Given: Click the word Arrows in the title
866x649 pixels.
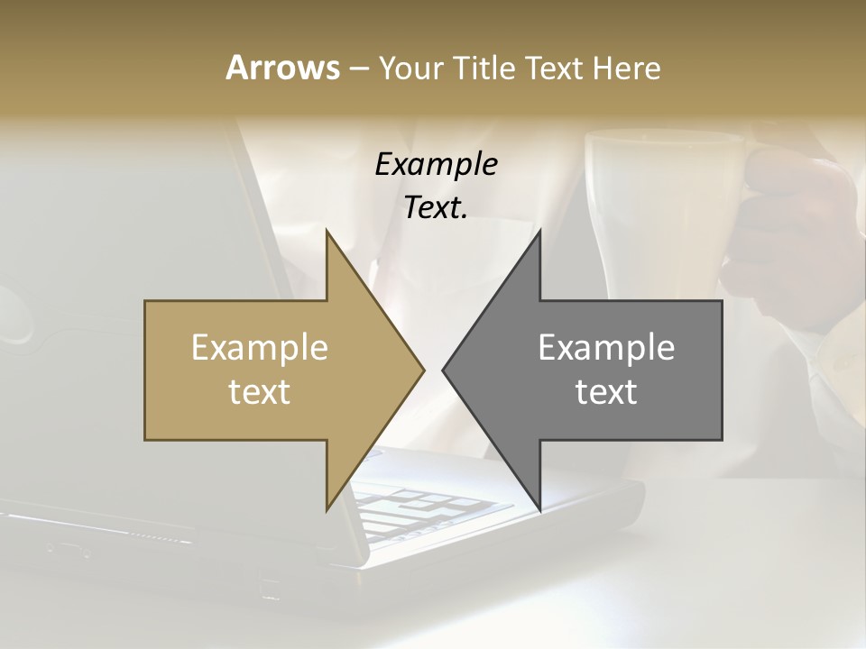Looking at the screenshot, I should coord(282,69).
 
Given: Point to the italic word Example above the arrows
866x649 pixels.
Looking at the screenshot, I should coord(436,165).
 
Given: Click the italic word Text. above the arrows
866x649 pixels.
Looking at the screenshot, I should coord(436,207).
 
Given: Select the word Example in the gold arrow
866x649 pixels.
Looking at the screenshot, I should coord(260,347).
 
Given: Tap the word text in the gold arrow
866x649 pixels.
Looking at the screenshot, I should coord(260,391).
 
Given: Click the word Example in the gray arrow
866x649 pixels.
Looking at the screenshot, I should coord(606,347).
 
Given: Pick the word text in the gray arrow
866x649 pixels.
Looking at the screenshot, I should coord(606,391).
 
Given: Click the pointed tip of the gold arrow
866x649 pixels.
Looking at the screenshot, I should coord(422,370).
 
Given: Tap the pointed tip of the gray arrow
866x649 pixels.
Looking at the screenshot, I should coord(445,370).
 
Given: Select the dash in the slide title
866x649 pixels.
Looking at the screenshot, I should coord(358,69).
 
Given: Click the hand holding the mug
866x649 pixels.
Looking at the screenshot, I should coord(798,234).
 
